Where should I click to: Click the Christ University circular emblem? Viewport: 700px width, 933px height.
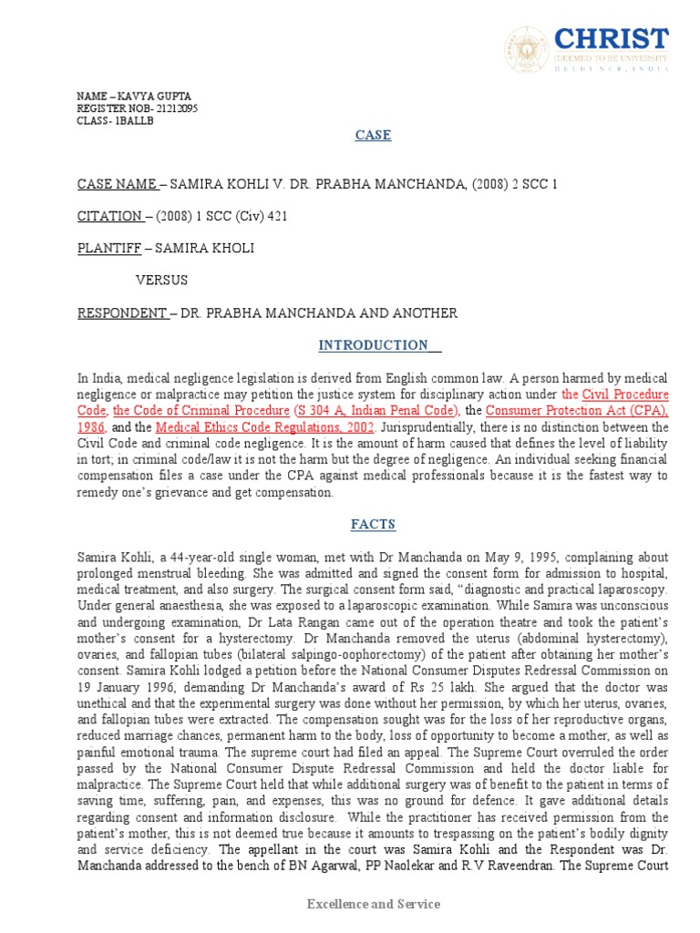tap(528, 51)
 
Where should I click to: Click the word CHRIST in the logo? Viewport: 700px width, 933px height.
tap(612, 40)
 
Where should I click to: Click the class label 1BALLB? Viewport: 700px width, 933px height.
tap(131, 121)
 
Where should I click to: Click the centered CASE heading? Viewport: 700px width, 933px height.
tap(373, 136)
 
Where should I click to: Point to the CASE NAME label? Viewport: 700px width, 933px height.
tap(117, 184)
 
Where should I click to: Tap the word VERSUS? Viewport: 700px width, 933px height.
tap(161, 281)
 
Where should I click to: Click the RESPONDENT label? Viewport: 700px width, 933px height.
tap(121, 313)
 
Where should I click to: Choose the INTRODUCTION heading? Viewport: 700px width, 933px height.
tap(373, 345)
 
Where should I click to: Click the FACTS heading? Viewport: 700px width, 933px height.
tap(373, 524)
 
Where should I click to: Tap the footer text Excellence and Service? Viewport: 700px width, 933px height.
tap(373, 904)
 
